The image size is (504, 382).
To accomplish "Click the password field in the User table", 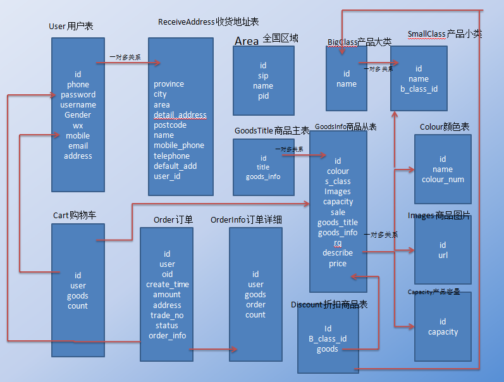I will tap(78, 95).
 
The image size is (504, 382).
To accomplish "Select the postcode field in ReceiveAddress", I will tap(170, 125).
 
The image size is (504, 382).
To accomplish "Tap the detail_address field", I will tap(180, 115).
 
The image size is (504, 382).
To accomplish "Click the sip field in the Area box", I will tap(263, 76).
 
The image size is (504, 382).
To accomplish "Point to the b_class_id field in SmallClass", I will tap(419, 89).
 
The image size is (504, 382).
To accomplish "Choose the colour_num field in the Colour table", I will tap(443, 180).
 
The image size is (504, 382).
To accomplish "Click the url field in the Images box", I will tap(443, 256).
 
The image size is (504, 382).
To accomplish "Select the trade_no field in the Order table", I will tap(167, 316).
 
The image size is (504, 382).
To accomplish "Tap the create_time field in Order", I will tap(167, 285).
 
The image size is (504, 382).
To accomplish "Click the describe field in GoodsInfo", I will tap(338, 253).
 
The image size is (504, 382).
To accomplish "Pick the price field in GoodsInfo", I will tap(338, 264).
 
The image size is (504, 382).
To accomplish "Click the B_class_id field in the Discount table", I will tap(328, 339).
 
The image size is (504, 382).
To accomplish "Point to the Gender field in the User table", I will tap(78, 115).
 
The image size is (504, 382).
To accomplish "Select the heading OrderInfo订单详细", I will tap(246, 219).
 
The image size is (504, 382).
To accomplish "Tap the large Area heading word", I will tap(247, 41).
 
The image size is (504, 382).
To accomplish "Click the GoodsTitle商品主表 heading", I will tap(272, 131).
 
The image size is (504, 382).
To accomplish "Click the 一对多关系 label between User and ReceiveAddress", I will tap(125, 57).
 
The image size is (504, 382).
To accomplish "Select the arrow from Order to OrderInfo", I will tap(213, 349).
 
